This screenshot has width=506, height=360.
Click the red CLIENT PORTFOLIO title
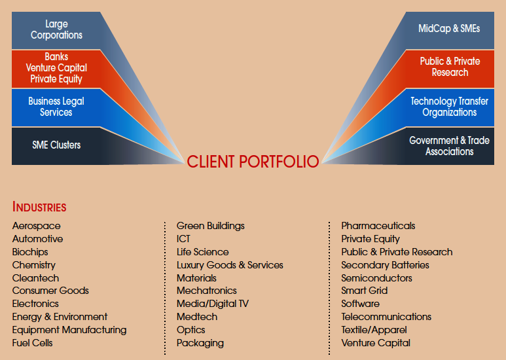tap(253, 162)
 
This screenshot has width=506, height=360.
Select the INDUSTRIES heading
tap(39, 207)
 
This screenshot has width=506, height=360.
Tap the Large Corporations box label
tap(56, 29)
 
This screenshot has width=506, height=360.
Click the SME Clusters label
tap(56, 145)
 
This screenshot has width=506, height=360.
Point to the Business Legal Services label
tap(56, 107)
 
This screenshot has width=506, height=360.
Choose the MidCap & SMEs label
tap(449, 28)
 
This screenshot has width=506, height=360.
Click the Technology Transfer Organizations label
tap(449, 107)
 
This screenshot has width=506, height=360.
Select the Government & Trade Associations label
tap(449, 146)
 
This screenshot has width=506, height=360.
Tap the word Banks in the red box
tap(56, 57)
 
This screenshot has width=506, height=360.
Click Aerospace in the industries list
tap(37, 226)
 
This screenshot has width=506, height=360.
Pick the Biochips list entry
tap(30, 252)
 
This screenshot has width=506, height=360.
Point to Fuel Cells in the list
tap(32, 343)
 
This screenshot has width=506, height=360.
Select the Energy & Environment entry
tap(60, 317)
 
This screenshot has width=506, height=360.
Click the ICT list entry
tap(184, 239)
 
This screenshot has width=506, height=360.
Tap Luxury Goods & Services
tap(230, 265)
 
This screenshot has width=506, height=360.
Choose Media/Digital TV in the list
tap(213, 304)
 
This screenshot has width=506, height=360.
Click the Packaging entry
tap(200, 343)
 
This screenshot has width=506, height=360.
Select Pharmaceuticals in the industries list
tap(378, 226)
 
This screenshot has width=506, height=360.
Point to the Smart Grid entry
tap(365, 291)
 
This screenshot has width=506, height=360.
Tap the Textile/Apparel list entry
tap(374, 330)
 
